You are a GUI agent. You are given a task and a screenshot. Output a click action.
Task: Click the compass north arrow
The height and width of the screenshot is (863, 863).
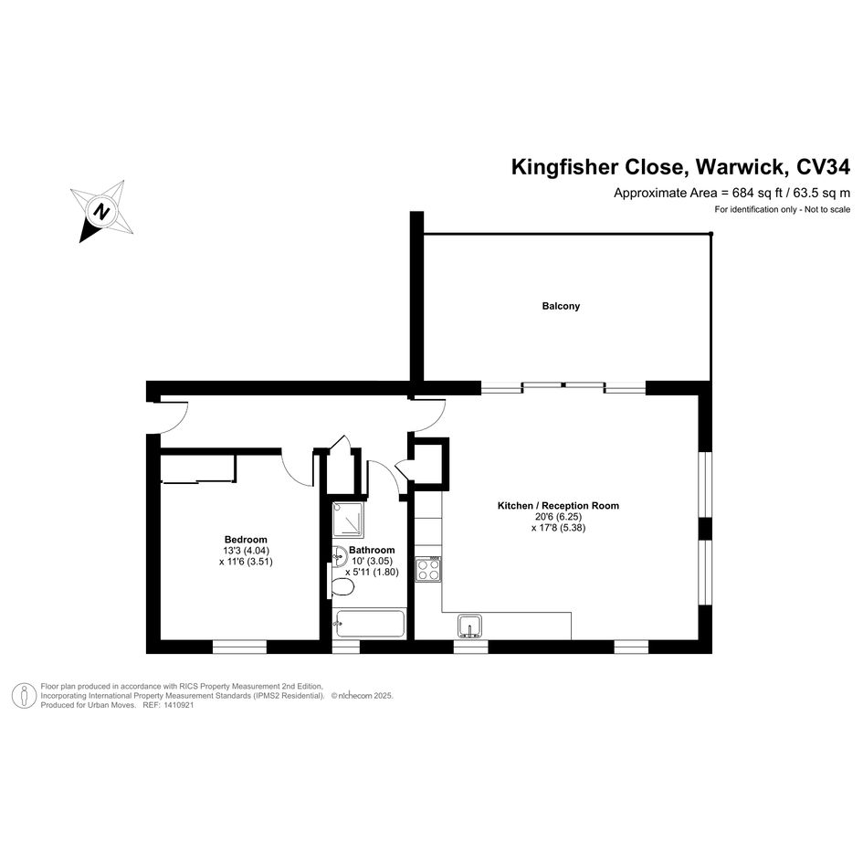pos(102,211)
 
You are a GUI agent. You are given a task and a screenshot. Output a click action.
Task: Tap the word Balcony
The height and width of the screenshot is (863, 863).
pos(561,307)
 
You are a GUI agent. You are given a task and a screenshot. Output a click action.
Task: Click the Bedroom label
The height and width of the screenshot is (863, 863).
pos(246,539)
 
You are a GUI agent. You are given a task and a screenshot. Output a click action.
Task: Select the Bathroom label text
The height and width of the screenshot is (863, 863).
pos(372,550)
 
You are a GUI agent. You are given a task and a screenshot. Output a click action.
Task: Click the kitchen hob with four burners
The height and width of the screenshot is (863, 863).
pos(428,569)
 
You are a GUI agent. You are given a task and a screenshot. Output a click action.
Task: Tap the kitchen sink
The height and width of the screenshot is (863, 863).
pos(470,626)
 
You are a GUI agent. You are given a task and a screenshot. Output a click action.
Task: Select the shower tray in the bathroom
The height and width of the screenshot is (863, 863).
pos(350,521)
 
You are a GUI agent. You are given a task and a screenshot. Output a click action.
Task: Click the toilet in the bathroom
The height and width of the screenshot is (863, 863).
pos(343,585)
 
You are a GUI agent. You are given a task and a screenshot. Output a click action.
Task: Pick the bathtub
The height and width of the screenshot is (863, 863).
pos(370,626)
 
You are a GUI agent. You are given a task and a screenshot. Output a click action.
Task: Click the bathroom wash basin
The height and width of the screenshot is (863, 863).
pos(338,552)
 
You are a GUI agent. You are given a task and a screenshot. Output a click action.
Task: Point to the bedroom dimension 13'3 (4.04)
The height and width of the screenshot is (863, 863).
pos(246,551)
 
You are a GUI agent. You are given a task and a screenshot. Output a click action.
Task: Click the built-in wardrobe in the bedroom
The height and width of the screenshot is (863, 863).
pos(198,467)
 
